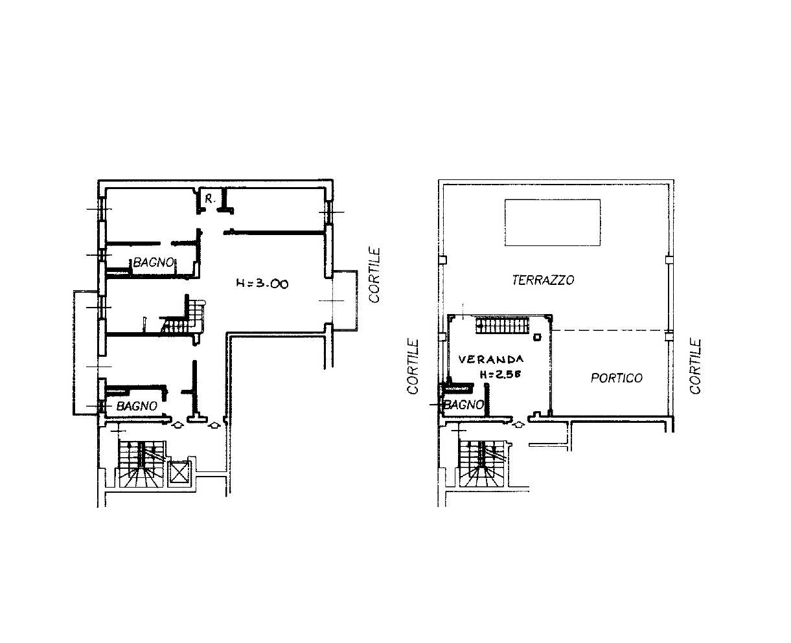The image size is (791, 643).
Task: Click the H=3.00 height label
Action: coord(262,284)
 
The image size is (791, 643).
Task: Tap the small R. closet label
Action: coord(210,199)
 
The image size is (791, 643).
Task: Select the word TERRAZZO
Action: coord(544,280)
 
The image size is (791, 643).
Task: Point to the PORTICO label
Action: coord(617,378)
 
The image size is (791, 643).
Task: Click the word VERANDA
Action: coord(491,359)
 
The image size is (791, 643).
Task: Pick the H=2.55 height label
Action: coord(500,374)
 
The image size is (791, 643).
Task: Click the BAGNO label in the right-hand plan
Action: coord(464,404)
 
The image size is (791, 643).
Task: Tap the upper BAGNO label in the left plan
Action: coord(154,262)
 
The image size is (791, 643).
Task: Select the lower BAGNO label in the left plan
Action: coord(137,406)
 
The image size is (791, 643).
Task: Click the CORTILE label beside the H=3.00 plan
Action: coord(374,275)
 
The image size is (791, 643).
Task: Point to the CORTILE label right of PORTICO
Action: coord(695,366)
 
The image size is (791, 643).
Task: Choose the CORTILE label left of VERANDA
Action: coord(413,367)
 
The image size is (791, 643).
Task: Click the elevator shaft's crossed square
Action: coord(179,474)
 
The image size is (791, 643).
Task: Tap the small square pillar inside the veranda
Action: coord(536,337)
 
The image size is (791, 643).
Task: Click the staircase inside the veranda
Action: coord(503,326)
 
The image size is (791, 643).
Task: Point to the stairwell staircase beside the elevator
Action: coord(141,464)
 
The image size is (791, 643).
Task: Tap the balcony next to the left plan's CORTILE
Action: coord(345,300)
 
